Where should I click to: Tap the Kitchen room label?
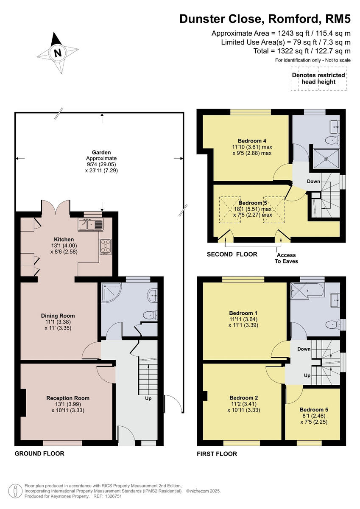point(64,240)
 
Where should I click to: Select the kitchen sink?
point(91,224)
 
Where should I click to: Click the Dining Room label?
point(58,316)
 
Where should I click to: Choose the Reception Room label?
point(68,398)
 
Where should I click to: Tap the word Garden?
point(101,152)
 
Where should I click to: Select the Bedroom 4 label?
point(252,141)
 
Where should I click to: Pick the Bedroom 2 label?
point(243,397)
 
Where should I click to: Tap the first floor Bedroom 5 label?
point(314,410)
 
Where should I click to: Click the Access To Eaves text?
point(287,258)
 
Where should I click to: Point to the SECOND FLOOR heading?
point(232,255)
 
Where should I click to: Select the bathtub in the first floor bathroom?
point(306,290)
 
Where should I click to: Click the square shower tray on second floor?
point(326,157)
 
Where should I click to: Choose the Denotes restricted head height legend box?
point(318,78)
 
